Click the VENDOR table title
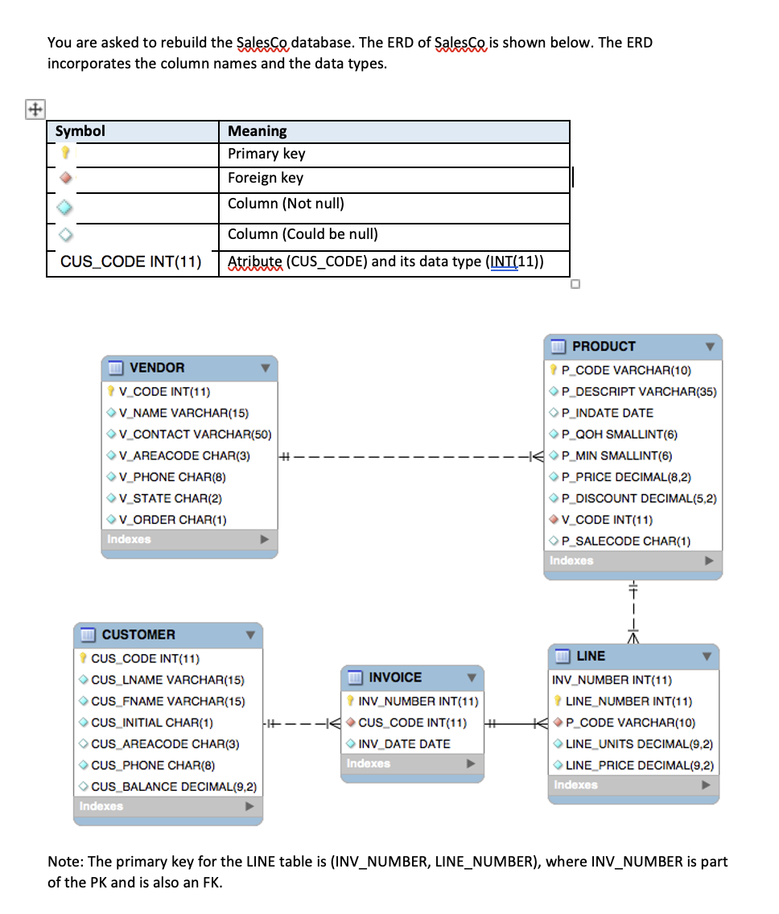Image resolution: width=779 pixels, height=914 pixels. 157,368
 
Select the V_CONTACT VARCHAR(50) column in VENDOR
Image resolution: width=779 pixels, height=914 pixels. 194,434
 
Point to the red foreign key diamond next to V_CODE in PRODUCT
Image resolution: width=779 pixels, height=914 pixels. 554,520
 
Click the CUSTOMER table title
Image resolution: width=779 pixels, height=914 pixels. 138,635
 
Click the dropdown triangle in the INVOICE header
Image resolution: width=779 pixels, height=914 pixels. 472,678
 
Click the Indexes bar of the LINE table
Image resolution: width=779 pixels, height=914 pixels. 633,785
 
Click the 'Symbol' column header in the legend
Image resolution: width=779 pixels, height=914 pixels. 80,131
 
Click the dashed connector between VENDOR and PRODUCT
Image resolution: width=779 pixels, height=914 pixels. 402,456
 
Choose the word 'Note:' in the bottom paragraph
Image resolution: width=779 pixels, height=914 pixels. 65,862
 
